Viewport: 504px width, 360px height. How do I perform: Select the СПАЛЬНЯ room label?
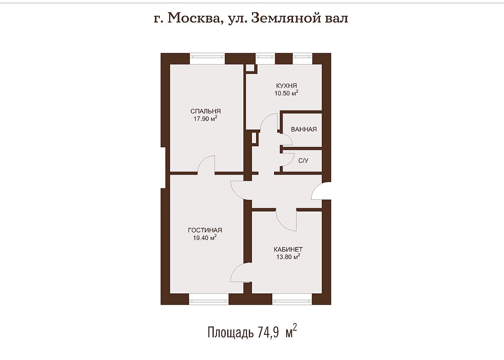point(205,111)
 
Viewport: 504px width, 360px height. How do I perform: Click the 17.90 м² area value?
point(205,119)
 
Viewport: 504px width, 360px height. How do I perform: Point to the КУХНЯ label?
point(286,86)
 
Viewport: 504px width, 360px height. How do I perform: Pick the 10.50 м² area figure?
point(286,93)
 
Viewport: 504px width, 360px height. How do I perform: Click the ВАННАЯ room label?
point(304,129)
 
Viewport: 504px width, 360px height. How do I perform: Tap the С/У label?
point(303,161)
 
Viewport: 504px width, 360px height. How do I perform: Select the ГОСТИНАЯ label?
point(205,230)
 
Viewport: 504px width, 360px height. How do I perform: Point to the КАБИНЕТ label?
point(288,249)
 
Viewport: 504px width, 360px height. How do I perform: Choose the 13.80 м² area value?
point(288,257)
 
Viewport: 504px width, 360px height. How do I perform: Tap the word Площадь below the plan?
point(230,333)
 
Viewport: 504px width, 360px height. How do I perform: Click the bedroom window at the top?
point(207,58)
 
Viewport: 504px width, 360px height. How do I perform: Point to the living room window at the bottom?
point(209,299)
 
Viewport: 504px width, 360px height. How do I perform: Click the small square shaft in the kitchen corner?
point(250,68)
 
